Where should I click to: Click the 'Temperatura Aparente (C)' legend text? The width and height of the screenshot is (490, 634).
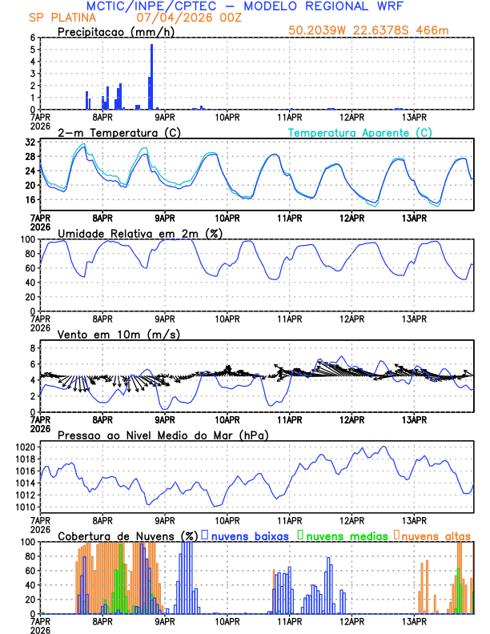coord(359,132)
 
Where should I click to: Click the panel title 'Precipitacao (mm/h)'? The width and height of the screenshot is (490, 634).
coord(115,31)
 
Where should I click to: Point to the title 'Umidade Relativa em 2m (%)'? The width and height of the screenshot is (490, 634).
coord(140,233)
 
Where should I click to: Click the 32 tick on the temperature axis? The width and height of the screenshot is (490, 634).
coord(30,142)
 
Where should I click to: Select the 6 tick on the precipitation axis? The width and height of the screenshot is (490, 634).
coord(33,38)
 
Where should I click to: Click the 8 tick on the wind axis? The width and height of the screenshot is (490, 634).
coord(33,348)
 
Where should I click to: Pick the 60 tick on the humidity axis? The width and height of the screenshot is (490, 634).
coord(30,268)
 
